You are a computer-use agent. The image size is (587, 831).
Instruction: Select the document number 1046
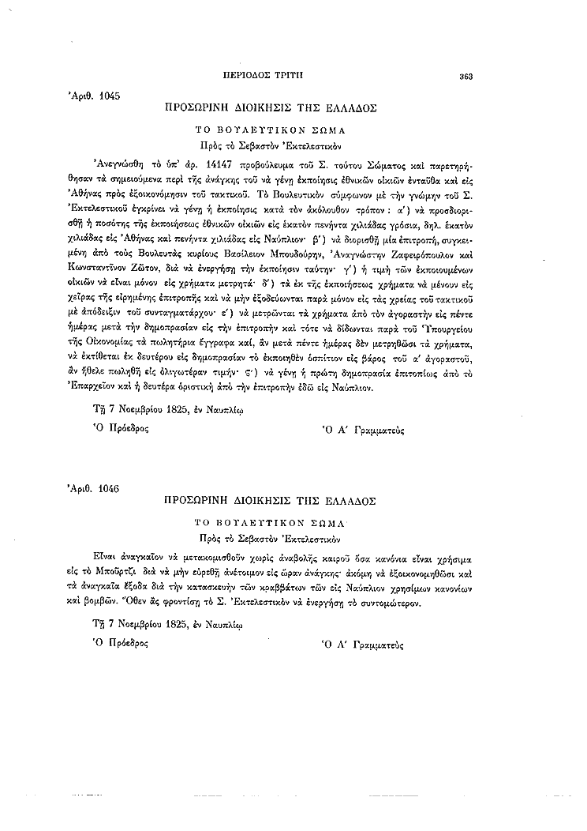pyautogui.click(x=105, y=489)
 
